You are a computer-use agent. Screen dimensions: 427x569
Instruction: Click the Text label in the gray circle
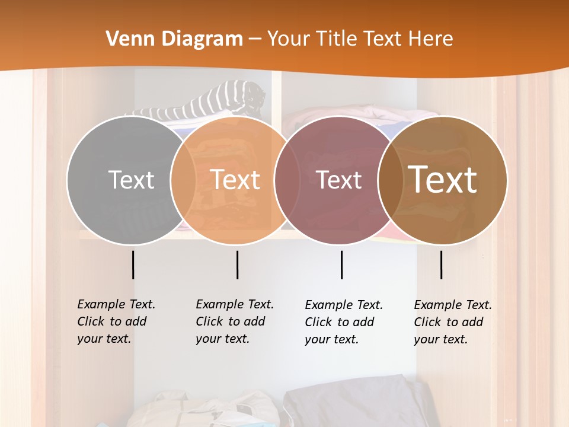[x=131, y=180]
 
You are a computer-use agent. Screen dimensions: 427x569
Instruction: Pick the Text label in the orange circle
[x=235, y=180]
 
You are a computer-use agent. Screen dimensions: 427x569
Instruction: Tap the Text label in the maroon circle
[x=339, y=180]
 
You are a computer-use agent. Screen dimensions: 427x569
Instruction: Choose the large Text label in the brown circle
[x=443, y=180]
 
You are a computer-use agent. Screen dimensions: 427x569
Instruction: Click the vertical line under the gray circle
[x=133, y=265]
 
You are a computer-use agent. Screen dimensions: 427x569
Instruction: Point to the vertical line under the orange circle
[x=237, y=265]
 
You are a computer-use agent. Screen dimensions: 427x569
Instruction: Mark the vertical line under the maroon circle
[x=342, y=265]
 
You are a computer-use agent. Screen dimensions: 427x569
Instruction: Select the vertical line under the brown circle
[x=441, y=265]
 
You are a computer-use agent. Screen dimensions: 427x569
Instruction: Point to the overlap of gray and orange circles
[x=183, y=180]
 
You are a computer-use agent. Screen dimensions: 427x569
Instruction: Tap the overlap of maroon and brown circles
[x=391, y=180]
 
